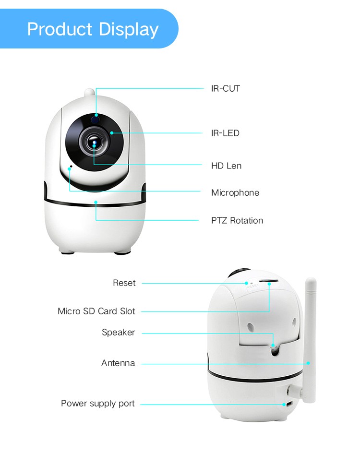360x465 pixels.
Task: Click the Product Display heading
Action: click(x=93, y=29)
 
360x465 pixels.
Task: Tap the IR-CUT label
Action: click(x=226, y=88)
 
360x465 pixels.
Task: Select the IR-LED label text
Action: click(x=225, y=133)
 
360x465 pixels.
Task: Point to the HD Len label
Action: click(x=226, y=166)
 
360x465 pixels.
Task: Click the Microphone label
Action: click(x=235, y=193)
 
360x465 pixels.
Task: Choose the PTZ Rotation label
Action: click(x=237, y=220)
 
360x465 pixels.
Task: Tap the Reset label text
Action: click(x=124, y=283)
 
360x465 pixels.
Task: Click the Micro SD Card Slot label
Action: click(x=96, y=311)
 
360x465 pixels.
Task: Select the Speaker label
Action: click(x=118, y=333)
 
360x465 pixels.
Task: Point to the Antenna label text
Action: click(x=118, y=363)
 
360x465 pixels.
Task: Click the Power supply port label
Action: click(x=97, y=403)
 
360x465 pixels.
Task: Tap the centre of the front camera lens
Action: click(x=94, y=143)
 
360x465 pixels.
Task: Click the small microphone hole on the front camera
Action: click(x=71, y=167)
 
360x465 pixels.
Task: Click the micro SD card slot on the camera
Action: click(x=268, y=281)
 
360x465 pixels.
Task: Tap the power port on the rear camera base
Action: click(x=288, y=404)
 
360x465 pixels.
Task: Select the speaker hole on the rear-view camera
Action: click(x=275, y=351)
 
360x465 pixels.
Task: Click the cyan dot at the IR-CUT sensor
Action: click(x=96, y=115)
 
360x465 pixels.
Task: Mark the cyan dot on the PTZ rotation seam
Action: click(x=96, y=202)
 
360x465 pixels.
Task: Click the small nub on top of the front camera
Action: click(x=89, y=92)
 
